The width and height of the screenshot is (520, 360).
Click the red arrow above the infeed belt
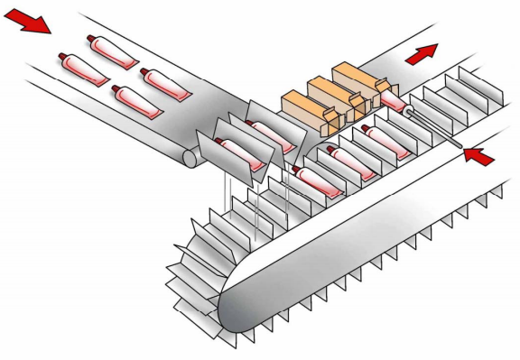coord(28,21)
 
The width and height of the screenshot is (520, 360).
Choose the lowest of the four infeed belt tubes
coord(135,101)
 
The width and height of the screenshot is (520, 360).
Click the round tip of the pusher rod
coord(412,113)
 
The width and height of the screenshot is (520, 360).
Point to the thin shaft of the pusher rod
coord(439,130)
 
